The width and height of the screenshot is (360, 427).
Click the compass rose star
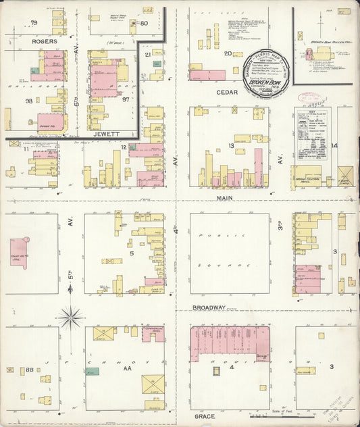(x=70, y=316)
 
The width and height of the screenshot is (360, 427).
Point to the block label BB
(x=30, y=370)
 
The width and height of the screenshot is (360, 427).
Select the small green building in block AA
(x=93, y=371)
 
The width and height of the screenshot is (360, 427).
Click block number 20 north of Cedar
(x=228, y=53)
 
